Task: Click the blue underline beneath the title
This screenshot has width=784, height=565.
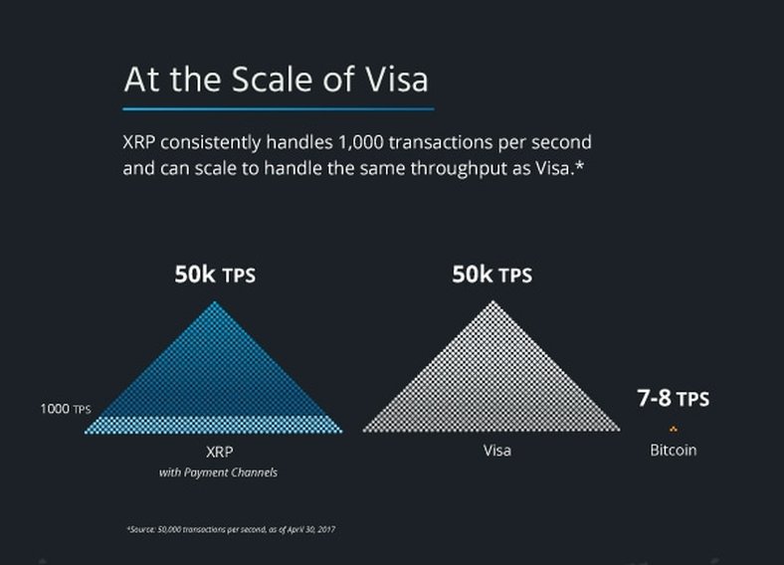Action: point(278,108)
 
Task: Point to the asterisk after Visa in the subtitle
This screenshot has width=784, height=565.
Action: point(579,164)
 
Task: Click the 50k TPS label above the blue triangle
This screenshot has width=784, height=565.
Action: point(215,275)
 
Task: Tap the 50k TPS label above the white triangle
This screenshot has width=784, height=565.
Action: point(492,275)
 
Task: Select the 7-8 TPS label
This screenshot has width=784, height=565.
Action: point(673,399)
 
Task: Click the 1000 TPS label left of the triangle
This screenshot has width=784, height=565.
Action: point(66,409)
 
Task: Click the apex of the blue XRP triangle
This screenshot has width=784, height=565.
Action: point(215,301)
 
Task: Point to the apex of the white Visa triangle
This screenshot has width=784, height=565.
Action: point(493,301)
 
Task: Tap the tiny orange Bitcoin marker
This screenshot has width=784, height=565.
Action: point(673,429)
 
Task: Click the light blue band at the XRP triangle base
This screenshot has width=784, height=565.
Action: point(214,425)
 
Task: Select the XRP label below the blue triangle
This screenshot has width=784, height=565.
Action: point(220,452)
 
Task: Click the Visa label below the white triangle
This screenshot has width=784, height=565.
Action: point(497,451)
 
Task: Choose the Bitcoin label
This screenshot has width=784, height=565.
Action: point(673,450)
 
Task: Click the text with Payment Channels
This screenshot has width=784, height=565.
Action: point(218,472)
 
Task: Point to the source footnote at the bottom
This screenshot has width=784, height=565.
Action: point(231,529)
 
